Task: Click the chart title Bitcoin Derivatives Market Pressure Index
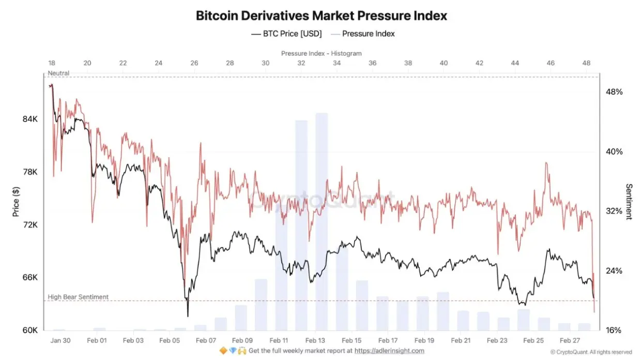[x=321, y=16]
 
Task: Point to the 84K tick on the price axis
[x=29, y=119]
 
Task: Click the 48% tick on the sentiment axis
[x=614, y=92]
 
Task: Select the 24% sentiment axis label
[x=614, y=271]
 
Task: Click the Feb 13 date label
[x=315, y=341]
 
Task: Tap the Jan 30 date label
[x=60, y=341]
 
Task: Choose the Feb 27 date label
[x=570, y=341]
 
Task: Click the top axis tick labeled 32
[x=301, y=63]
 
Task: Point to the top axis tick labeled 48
[x=586, y=63]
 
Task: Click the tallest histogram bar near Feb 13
[x=321, y=217]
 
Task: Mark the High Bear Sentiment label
[x=78, y=297]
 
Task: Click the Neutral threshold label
[x=58, y=73]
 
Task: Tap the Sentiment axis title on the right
[x=629, y=202]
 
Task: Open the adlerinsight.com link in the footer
[x=389, y=351]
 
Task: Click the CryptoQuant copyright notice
[x=591, y=352]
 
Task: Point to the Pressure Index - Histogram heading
[x=321, y=53]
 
